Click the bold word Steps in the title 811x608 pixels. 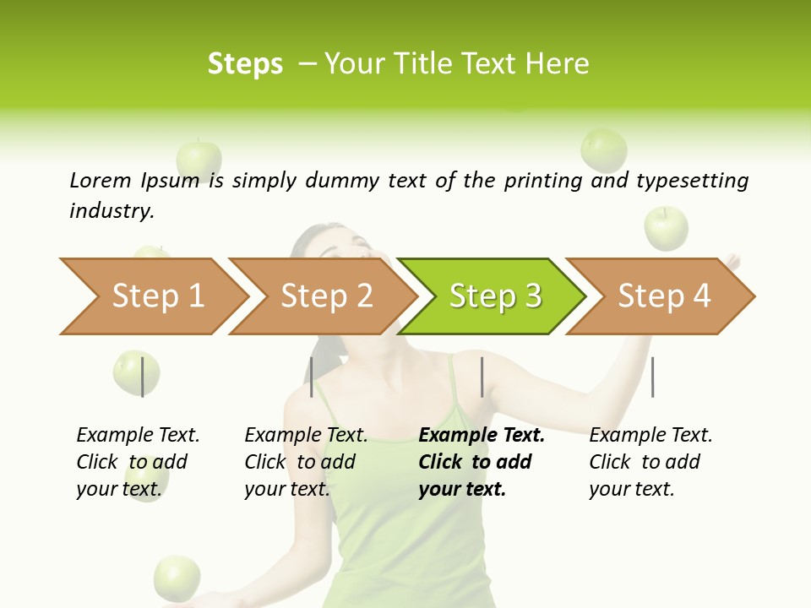tap(245, 63)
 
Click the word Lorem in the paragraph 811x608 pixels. tap(100, 180)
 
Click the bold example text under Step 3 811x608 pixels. tap(482, 462)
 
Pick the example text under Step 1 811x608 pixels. tap(138, 462)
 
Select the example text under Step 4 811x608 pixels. tap(650, 462)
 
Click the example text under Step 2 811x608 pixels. tap(306, 462)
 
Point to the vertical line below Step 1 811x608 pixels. tap(143, 377)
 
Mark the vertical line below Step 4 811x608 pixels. tap(652, 377)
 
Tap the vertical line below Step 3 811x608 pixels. tap(482, 377)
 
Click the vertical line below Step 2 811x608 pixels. tap(312, 377)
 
